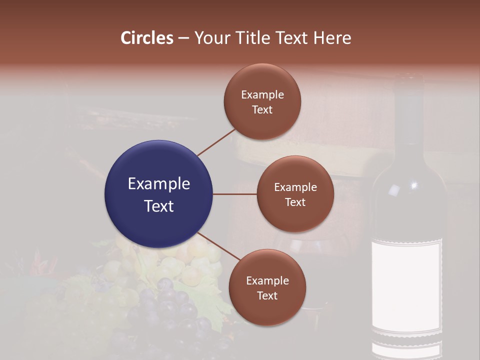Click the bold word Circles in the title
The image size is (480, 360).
pyautogui.click(x=146, y=37)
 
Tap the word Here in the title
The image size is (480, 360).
pyautogui.click(x=332, y=37)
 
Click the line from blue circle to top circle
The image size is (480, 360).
pyautogui.click(x=216, y=142)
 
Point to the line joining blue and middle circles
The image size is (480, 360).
pyautogui.click(x=235, y=194)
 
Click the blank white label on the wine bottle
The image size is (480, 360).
pyautogui.click(x=406, y=285)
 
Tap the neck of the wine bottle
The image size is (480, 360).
pyautogui.click(x=409, y=115)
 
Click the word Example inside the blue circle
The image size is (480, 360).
pyautogui.click(x=158, y=184)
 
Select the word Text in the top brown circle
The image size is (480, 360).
pyautogui.click(x=262, y=110)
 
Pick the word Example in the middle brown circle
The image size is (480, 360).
pyautogui.click(x=295, y=187)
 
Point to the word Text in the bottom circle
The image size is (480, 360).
pyautogui.click(x=267, y=296)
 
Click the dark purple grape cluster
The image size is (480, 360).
pyautogui.click(x=170, y=310)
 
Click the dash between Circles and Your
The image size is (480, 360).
pyautogui.click(x=183, y=38)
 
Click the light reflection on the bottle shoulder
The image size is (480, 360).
pyautogui.click(x=394, y=190)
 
